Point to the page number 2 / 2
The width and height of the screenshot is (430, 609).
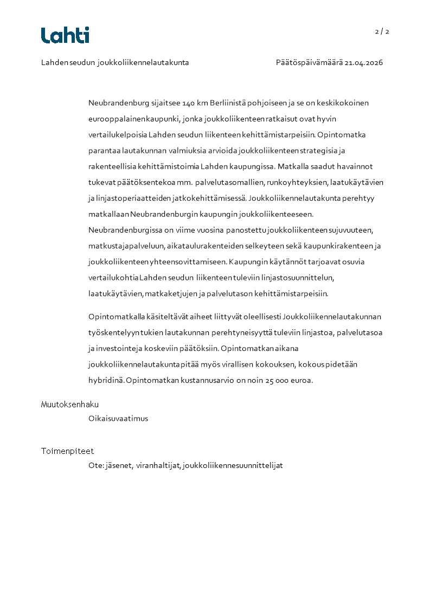382,31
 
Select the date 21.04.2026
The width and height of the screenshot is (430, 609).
364,62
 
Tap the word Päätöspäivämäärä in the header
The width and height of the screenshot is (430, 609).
309,62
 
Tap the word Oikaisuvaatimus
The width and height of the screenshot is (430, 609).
118,419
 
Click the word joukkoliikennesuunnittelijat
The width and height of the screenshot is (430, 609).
233,465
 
